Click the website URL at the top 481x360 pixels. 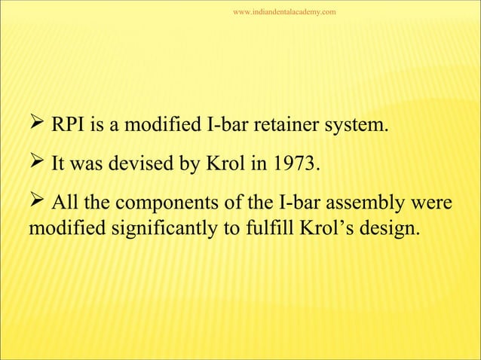point(284,12)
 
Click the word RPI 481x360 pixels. point(68,124)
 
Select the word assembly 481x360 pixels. point(361,205)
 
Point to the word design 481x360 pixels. point(384,228)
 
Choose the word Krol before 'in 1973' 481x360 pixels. point(224,164)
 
